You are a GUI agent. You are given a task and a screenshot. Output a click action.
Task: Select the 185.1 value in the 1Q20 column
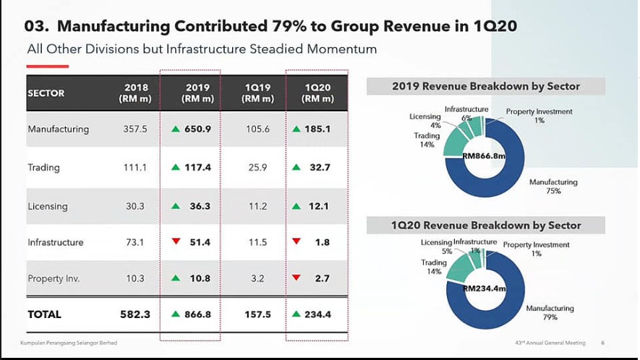[x=317, y=129]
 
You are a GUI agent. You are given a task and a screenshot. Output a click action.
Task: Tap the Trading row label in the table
[x=43, y=168]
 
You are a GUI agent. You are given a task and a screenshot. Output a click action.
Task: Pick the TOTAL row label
[x=45, y=314]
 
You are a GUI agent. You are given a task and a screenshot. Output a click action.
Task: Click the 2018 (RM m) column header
[x=136, y=93]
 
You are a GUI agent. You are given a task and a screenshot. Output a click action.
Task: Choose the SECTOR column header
[x=46, y=93]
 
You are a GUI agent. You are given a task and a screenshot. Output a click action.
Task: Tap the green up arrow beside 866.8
[x=176, y=314]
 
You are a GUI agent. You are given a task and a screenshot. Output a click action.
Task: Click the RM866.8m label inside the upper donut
[x=483, y=155]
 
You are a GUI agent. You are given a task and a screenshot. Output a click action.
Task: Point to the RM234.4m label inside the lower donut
[x=483, y=289]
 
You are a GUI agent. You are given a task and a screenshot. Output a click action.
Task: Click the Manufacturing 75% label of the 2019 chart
[x=553, y=187]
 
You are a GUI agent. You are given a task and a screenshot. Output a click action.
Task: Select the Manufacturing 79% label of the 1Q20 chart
[x=550, y=313]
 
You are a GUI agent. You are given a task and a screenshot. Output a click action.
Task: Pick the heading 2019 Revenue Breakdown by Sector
[x=486, y=87]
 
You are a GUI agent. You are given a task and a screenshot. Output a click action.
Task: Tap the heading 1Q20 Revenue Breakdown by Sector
[x=486, y=226]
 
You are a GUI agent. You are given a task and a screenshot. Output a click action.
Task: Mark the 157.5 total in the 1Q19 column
[x=257, y=314]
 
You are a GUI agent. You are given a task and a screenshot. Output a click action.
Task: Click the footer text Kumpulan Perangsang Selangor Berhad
[x=68, y=343]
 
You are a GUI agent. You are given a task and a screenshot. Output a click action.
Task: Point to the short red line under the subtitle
[x=48, y=67]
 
